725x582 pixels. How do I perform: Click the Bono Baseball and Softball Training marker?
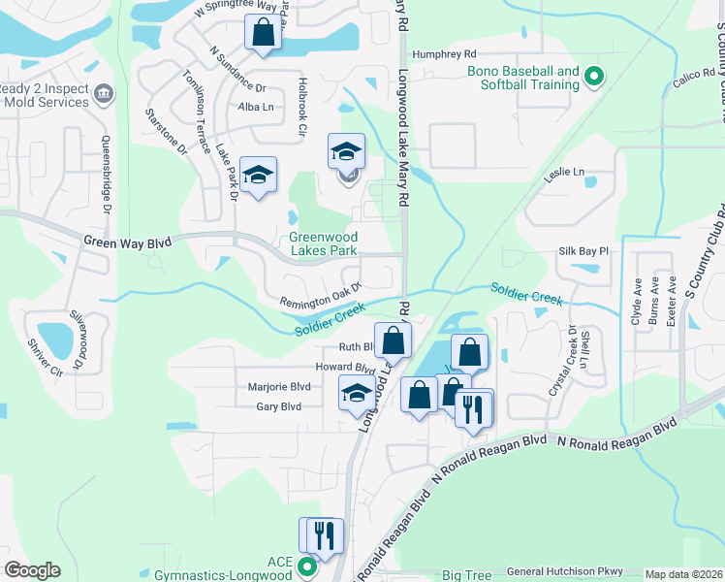pos(595,77)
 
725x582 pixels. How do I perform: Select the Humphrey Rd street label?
pos(444,54)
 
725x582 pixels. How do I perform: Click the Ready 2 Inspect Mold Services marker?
pos(105,94)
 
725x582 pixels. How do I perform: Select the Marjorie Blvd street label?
pos(275,385)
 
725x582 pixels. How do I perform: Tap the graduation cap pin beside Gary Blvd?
pos(355,394)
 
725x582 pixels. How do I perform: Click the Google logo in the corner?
pos(32,570)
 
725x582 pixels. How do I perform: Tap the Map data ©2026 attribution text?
pos(684,574)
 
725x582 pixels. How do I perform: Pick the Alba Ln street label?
pos(256,107)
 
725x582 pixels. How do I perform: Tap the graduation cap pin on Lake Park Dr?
pos(259,175)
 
